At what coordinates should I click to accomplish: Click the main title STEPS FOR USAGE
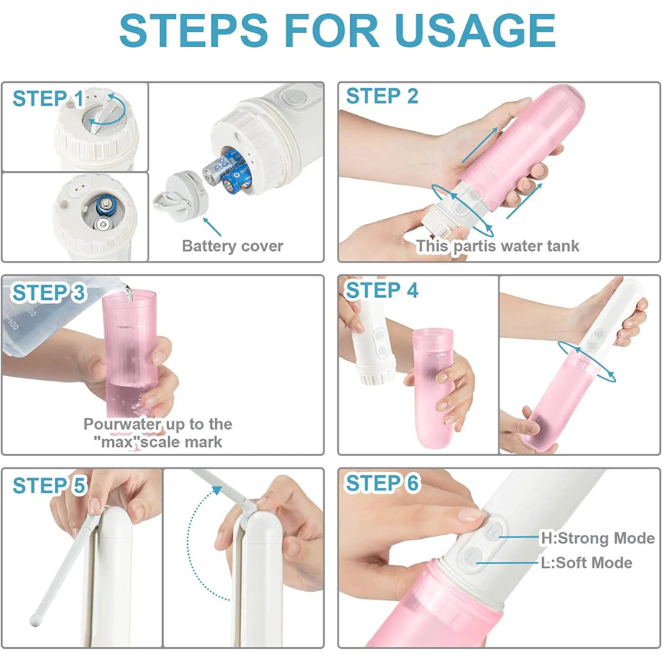pos(337,30)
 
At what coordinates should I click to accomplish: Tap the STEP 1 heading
pos(48,99)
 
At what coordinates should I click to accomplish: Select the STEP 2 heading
pos(382,97)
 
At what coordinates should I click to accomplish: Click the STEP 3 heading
pos(49,293)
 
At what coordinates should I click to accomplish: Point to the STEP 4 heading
pos(382,290)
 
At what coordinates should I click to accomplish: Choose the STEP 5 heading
pos(49,485)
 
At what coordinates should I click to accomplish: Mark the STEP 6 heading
pos(382,484)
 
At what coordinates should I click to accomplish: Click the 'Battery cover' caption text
pos(232,246)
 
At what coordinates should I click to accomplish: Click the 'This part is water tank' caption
pos(497,246)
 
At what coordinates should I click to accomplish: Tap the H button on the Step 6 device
pos(493,531)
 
